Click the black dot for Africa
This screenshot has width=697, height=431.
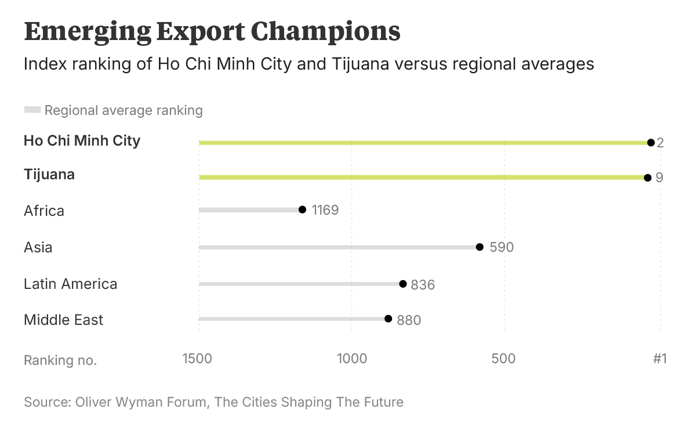point(302,209)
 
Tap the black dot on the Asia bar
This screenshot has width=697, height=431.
point(480,247)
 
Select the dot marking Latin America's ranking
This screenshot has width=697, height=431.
point(403,284)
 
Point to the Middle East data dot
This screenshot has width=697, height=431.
point(389,318)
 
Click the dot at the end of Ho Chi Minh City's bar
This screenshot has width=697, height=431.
point(651,143)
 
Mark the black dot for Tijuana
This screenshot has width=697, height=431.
point(648,178)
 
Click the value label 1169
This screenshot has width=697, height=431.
point(325,210)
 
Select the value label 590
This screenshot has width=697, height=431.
point(502,247)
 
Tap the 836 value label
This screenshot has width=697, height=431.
point(423,285)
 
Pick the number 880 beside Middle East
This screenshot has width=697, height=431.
point(409,320)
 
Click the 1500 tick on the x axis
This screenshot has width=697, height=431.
point(197,358)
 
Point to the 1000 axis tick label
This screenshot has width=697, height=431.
point(352,358)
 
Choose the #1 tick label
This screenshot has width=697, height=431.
point(660,358)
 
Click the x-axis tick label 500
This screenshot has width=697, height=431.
point(503,358)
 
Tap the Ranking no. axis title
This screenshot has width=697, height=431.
point(60,360)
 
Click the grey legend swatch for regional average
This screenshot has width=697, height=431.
point(32,110)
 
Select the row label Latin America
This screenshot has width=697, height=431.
point(70,284)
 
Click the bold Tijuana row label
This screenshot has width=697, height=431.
point(49,174)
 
